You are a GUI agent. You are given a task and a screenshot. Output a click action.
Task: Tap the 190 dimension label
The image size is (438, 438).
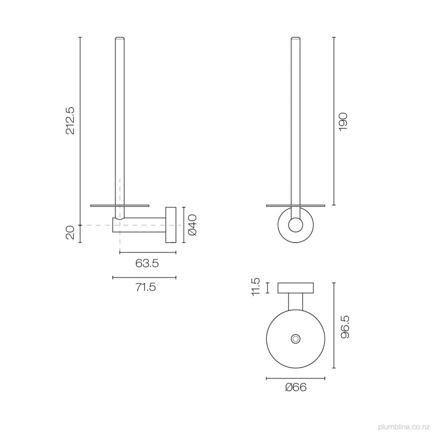point(343,122)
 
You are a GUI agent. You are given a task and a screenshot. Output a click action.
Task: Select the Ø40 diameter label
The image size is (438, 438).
point(193,225)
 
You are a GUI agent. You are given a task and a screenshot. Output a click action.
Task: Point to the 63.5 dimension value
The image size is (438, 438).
point(147,264)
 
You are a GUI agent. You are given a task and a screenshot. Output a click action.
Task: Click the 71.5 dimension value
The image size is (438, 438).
point(146,287)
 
